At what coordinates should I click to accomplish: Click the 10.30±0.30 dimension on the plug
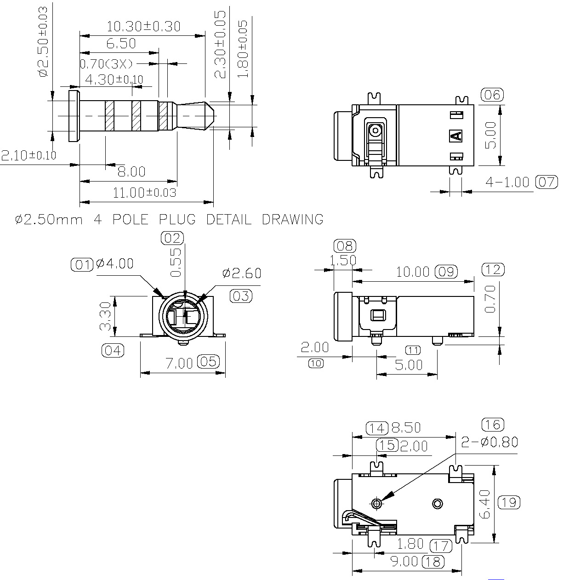coord(143,27)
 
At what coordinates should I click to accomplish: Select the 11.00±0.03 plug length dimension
coord(144,193)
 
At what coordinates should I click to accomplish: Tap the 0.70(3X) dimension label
coord(106,64)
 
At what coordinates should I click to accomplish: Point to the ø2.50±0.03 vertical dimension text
coord(43,42)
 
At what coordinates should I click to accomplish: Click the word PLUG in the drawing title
coord(177,219)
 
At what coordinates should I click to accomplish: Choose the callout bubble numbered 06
coord(492,95)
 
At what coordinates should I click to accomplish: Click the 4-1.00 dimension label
coord(507,182)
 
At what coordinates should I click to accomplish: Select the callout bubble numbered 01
coord(82,265)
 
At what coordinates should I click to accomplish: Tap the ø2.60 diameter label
coord(242,273)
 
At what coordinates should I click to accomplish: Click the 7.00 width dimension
coord(179,363)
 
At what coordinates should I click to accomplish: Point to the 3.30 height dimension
coord(106,316)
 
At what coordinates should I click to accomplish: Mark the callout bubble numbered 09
coord(446,272)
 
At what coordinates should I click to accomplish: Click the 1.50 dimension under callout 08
coord(343,260)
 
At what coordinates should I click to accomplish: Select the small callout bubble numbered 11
coord(413,350)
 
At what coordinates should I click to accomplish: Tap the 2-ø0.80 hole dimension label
coord(489,442)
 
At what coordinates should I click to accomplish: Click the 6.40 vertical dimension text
coord(485,504)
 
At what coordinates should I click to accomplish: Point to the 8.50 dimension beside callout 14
coord(406,428)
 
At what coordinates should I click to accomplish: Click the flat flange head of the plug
coord(74,116)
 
